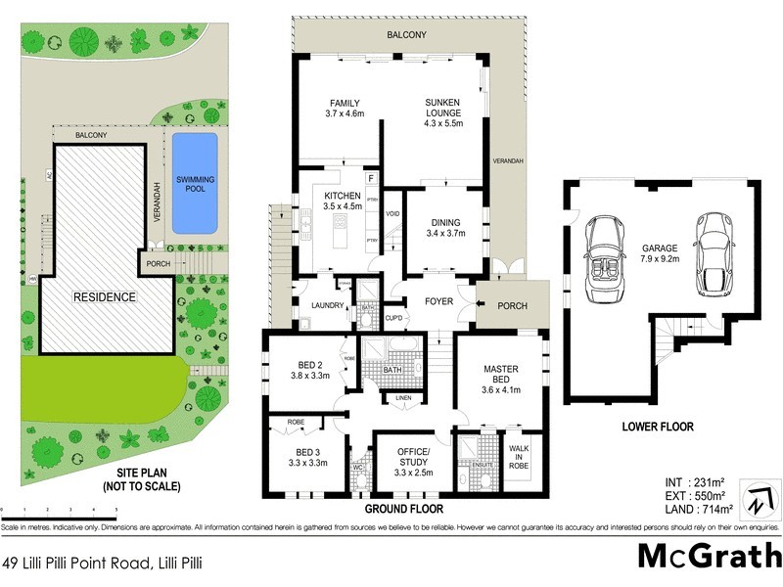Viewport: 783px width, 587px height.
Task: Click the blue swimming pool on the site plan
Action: point(195,183)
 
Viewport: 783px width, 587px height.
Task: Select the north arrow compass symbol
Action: point(755,497)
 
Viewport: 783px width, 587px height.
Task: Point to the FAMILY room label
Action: point(345,109)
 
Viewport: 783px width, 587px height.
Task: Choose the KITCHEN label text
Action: point(343,201)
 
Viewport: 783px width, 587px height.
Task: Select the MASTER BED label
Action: point(500,376)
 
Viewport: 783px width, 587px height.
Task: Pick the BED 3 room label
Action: point(307,458)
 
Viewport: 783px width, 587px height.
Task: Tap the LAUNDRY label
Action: point(326,305)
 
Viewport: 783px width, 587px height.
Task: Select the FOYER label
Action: point(438,301)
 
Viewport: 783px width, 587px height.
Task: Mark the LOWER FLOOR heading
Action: point(657,427)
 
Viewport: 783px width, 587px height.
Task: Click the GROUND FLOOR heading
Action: point(404,510)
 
